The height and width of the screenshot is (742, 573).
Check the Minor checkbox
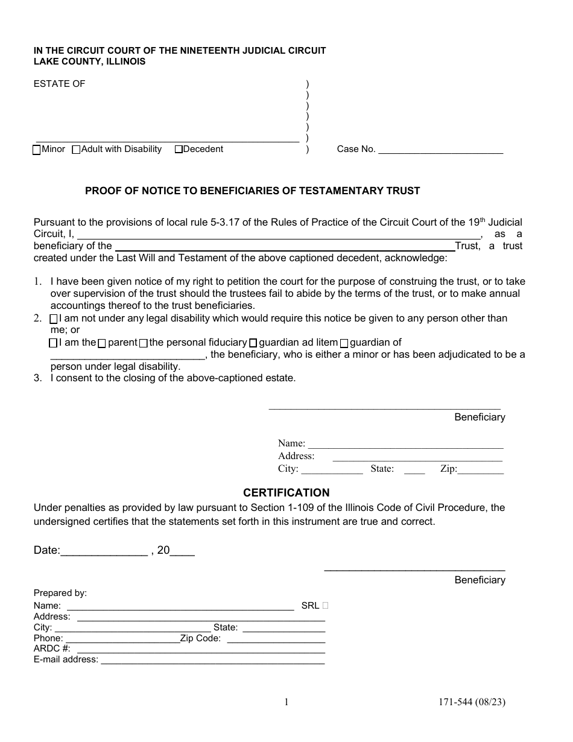click(37, 150)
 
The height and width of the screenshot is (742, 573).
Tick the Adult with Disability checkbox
click(76, 150)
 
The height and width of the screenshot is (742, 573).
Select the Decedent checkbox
click(179, 150)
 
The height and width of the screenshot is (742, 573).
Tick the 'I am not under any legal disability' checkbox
click(54, 319)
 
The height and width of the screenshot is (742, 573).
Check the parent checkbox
click(102, 343)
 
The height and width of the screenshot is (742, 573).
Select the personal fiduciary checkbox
click(143, 343)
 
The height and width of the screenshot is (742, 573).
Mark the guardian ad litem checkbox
click(253, 343)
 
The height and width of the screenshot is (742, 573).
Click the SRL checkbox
click(326, 605)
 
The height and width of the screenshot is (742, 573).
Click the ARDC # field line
click(201, 649)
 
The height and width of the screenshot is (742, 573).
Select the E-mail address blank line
click(212, 660)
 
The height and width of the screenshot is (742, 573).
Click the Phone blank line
click(122, 638)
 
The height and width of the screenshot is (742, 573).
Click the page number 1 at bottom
click(286, 702)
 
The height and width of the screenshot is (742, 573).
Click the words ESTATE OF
click(59, 84)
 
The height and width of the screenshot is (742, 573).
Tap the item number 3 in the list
click(37, 378)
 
